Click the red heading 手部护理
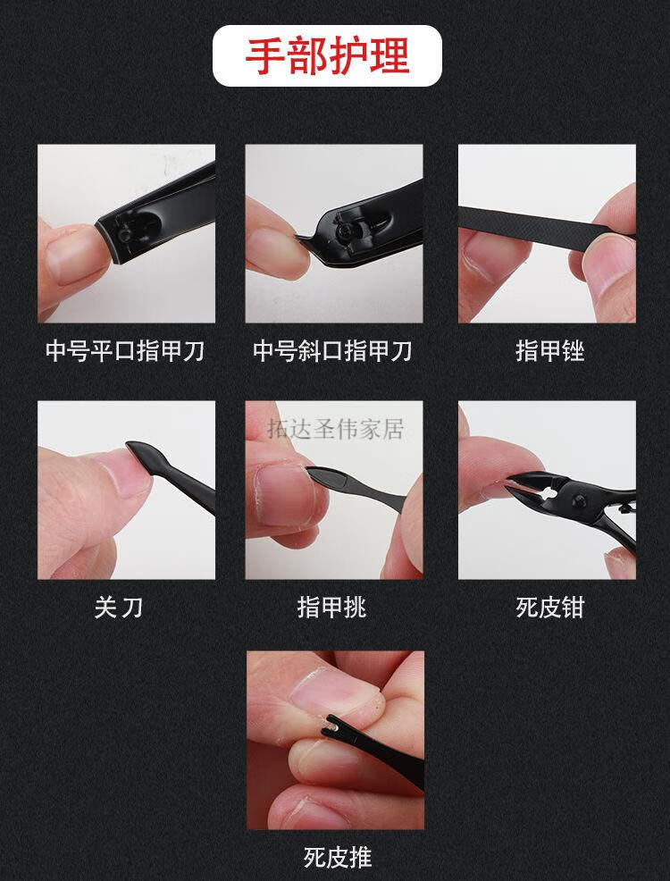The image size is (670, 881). (x=327, y=55)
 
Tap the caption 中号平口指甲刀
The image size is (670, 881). (x=125, y=351)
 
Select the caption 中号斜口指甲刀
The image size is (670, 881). (x=333, y=351)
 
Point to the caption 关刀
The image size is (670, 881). (x=118, y=608)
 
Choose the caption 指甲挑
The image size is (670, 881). (x=332, y=608)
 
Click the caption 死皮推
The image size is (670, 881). (x=337, y=859)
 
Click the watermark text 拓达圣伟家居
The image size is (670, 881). (x=336, y=430)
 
